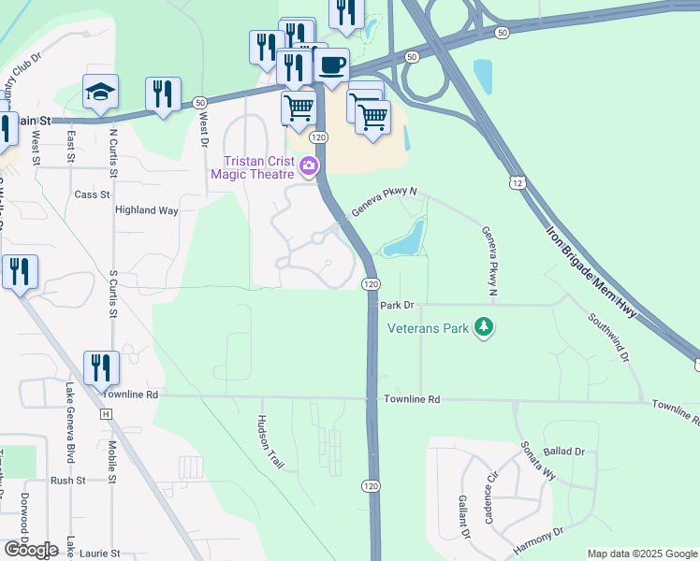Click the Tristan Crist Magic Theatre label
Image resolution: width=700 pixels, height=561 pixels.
coord(253,165)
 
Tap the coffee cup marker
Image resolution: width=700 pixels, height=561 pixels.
coord(332,65)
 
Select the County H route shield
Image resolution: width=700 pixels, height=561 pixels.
coord(106,413)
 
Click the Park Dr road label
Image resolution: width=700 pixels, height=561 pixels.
coord(397,306)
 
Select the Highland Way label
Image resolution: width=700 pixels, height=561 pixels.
coord(146,210)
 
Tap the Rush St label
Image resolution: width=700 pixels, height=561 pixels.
coord(68,481)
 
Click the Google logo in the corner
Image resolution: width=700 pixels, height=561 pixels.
coord(31,550)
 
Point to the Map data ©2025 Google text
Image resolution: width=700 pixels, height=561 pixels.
coord(641,554)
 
